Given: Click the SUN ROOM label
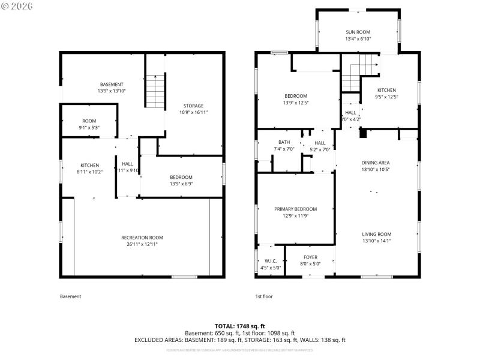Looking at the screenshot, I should tap(358, 32).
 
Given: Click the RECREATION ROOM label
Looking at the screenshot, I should tap(142, 237).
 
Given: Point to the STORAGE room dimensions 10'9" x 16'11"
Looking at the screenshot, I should tap(193, 112).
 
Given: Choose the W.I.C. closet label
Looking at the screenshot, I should tap(269, 261).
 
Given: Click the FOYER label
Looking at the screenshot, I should tap(310, 257).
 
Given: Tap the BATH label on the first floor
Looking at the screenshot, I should tap(284, 142).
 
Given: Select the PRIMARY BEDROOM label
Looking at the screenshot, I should tap(295, 209).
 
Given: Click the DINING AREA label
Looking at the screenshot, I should tap(376, 163).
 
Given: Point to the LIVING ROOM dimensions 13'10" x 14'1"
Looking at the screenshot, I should tap(376, 241).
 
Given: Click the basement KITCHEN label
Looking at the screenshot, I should tap(90, 165).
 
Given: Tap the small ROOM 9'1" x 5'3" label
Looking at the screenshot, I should tap(89, 121).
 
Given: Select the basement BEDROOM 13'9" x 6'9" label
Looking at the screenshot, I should tap(181, 177).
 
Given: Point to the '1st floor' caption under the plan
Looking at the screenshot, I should tap(265, 296).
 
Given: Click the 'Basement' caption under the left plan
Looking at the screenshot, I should tap(70, 296).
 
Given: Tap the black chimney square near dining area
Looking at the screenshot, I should tap(362, 134).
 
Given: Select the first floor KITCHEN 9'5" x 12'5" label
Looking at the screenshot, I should tap(386, 90).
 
